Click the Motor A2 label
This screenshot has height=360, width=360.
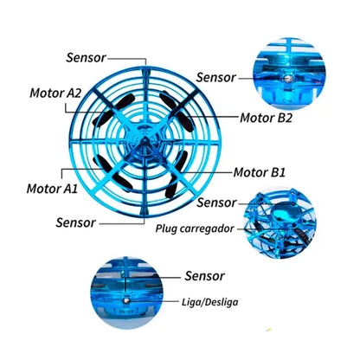coord(55,93)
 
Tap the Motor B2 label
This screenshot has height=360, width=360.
coord(267,118)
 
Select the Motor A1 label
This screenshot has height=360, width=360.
coord(52,189)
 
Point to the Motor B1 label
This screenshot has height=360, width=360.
coord(260,172)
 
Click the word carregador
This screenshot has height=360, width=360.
coord(207,228)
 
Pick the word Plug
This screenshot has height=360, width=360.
coord(166,228)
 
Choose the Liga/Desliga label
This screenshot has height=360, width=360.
coord(210,302)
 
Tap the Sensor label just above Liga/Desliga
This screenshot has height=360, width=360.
coord(204,276)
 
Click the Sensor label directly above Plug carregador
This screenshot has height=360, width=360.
coord(216,202)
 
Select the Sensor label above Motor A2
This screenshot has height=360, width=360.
coord(87,57)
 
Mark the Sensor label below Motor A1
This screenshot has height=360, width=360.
coord(76,222)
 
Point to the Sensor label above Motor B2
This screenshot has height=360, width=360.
coord(216,78)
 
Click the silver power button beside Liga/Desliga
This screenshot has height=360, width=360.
coord(126,300)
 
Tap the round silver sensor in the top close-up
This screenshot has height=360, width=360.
coord(288,79)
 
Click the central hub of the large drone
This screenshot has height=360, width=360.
coord(145,141)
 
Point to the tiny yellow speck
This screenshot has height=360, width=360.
coord(269,330)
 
